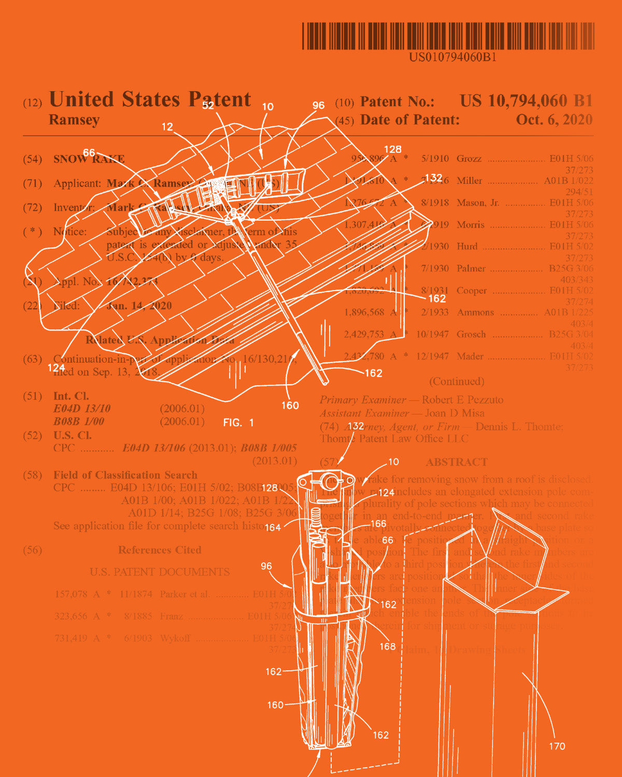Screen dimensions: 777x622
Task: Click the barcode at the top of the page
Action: (x=448, y=36)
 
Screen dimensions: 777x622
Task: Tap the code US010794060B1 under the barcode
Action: (x=453, y=57)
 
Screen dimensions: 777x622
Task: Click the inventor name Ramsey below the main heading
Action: (x=74, y=120)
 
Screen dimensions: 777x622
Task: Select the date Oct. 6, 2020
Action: (x=554, y=120)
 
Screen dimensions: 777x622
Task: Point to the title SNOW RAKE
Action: (x=89, y=159)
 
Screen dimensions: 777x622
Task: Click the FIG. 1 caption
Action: (x=238, y=423)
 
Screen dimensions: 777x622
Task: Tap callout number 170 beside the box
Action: (x=557, y=746)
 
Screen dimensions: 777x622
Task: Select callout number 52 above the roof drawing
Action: (x=208, y=105)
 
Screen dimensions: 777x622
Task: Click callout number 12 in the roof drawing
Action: (x=167, y=127)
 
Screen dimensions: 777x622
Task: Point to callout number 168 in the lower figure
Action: (x=387, y=646)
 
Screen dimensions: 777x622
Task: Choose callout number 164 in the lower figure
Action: (x=273, y=528)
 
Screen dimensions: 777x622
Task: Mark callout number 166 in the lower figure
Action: (x=378, y=524)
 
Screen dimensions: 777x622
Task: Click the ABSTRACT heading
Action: (x=456, y=462)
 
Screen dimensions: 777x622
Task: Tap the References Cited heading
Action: (x=160, y=550)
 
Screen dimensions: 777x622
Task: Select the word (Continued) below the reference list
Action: (x=457, y=381)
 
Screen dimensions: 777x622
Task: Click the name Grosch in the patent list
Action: (x=471, y=335)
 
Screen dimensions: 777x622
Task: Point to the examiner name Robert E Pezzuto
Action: (x=462, y=400)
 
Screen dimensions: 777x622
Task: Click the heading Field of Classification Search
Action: (x=125, y=475)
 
